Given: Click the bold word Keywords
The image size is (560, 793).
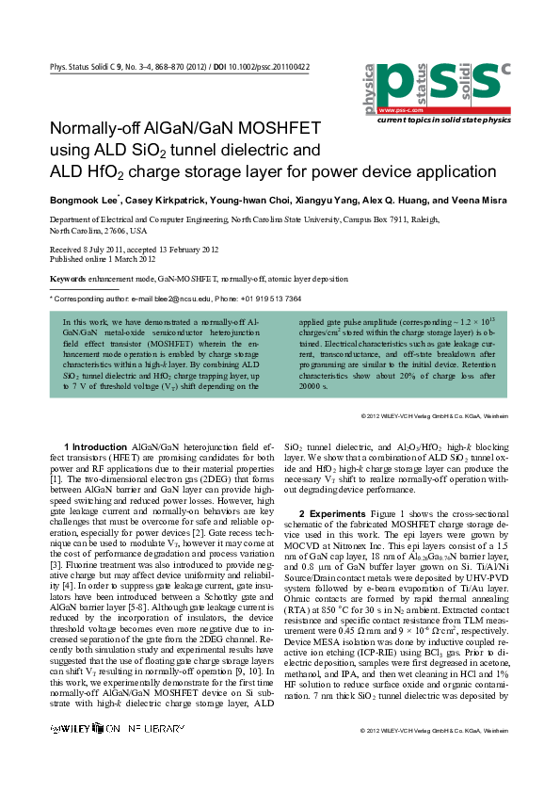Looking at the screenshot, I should [x=68, y=279].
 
